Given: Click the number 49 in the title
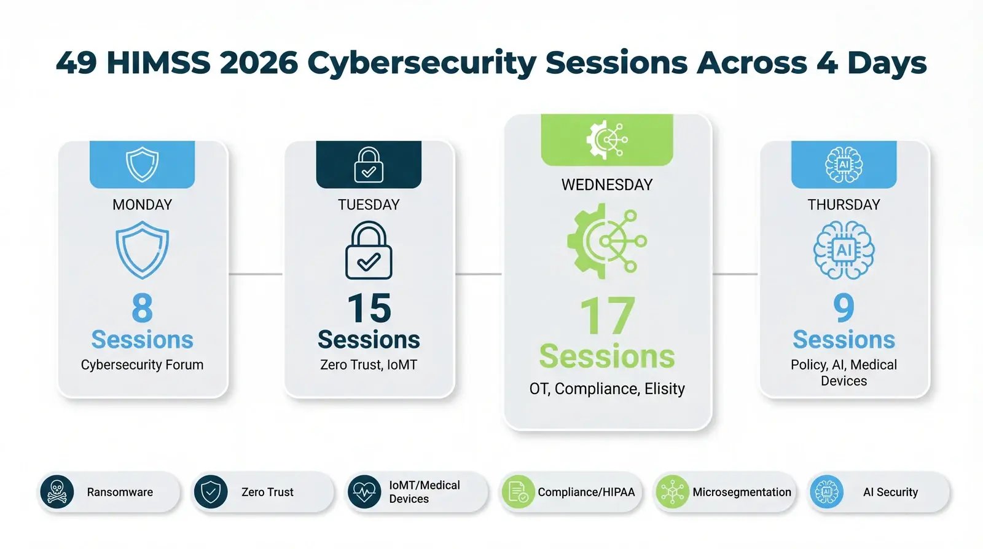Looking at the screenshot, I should [x=76, y=63].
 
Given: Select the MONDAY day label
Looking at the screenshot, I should [x=142, y=205].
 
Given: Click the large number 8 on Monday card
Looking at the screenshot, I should [x=142, y=308].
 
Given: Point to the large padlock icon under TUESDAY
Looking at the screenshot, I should [x=369, y=251].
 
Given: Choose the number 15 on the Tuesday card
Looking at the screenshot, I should [x=369, y=308].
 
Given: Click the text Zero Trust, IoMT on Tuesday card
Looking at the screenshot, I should [x=369, y=365].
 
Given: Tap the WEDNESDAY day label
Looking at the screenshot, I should [x=607, y=184].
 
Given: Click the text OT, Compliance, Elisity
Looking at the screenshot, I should [x=607, y=389].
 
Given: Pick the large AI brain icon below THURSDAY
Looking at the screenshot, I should [x=844, y=251].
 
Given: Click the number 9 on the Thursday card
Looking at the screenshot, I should [x=844, y=308].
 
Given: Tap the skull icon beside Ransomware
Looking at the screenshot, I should [x=57, y=492].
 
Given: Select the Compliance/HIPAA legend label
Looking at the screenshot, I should [x=586, y=492].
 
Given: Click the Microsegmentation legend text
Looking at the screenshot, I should [x=742, y=492].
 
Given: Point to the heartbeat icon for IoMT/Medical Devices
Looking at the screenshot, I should [x=364, y=492].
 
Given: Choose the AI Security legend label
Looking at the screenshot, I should [x=890, y=492].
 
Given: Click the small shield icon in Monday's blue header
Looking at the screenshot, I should [x=142, y=164].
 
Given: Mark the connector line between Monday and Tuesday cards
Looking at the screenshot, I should [x=256, y=274].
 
